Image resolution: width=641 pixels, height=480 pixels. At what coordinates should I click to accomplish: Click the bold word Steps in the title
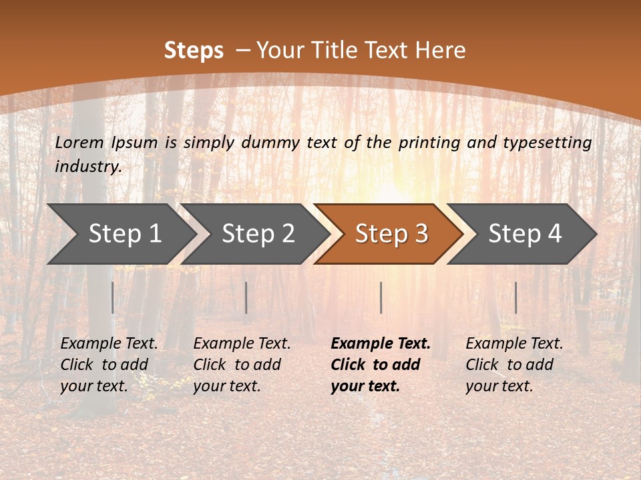click(194, 51)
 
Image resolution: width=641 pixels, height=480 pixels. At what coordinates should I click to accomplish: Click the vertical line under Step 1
click(113, 297)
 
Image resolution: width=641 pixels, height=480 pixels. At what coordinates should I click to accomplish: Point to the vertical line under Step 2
click(246, 297)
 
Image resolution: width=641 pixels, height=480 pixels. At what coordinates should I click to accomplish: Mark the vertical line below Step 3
click(381, 297)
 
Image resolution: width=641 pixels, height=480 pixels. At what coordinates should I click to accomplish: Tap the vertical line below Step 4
click(515, 297)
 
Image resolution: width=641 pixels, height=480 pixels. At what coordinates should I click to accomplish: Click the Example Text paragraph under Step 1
click(109, 365)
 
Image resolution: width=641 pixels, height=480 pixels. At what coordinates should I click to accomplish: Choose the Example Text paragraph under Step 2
click(242, 365)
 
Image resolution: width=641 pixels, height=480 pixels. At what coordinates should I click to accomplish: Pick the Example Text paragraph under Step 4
click(514, 365)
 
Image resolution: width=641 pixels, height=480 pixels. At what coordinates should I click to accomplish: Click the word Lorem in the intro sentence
click(79, 142)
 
